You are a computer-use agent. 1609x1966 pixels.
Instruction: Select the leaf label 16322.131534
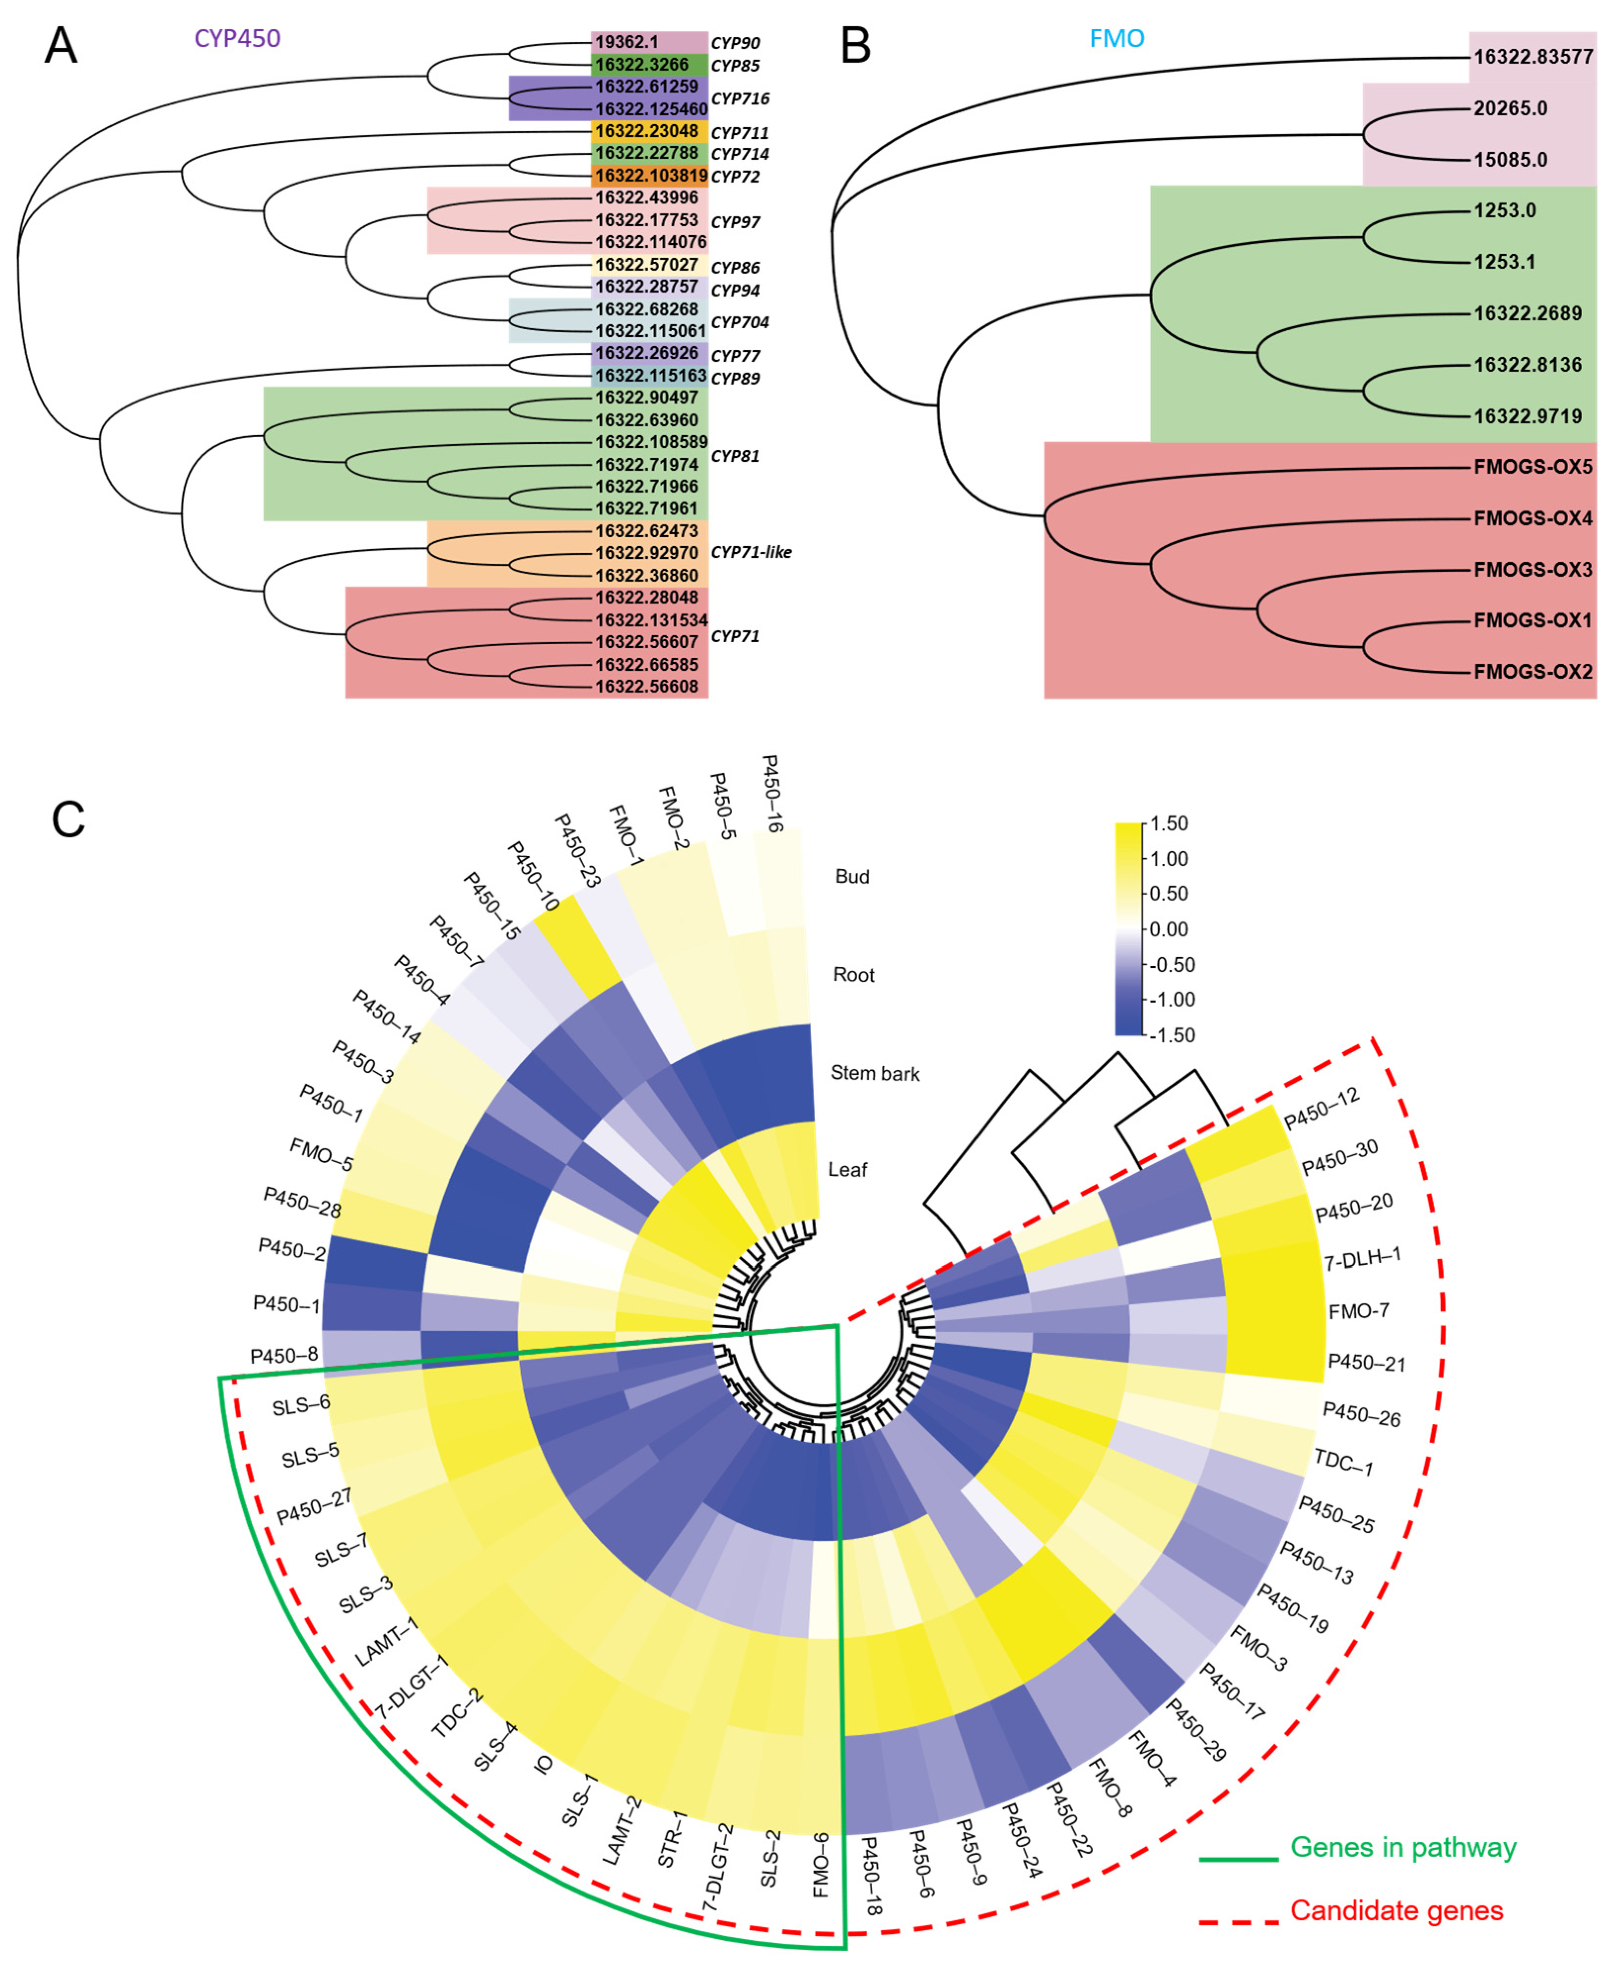click(x=651, y=620)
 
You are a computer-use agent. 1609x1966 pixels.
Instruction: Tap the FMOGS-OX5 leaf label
click(x=1532, y=467)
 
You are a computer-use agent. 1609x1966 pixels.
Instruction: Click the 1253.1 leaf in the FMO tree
click(x=1504, y=262)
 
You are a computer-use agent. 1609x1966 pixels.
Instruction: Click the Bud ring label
click(x=852, y=876)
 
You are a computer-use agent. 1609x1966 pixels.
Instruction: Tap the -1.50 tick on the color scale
click(x=1172, y=1035)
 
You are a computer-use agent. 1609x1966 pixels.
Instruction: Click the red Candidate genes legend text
click(x=1396, y=1910)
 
